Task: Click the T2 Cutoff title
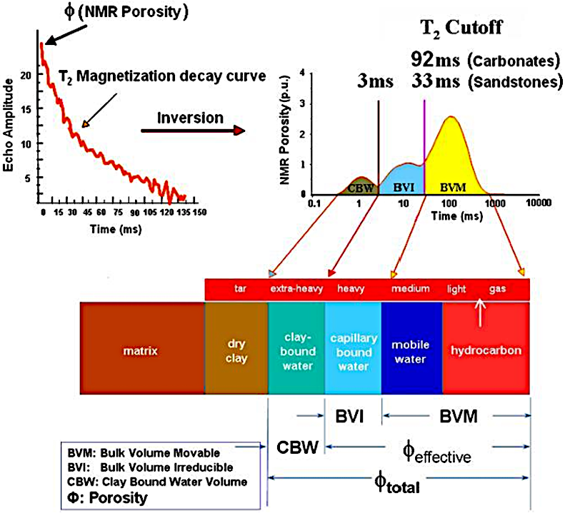(463, 29)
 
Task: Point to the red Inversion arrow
(194, 131)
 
